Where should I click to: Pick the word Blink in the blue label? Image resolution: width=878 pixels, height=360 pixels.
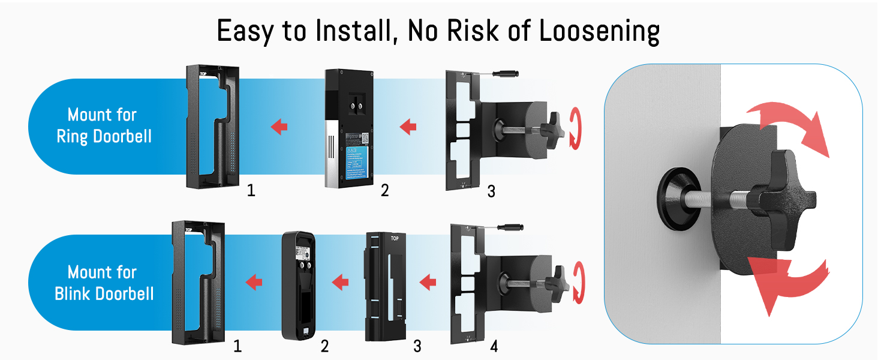click(74, 293)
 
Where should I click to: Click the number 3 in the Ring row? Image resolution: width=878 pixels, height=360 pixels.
click(491, 191)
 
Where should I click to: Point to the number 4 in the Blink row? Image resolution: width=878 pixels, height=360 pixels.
click(493, 346)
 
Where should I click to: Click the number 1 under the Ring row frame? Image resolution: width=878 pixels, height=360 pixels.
click(251, 191)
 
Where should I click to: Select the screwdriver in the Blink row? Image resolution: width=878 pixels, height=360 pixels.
click(506, 229)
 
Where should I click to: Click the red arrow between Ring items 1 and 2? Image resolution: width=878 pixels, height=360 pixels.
click(278, 127)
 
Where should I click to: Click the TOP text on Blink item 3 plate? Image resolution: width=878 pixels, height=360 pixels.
click(394, 238)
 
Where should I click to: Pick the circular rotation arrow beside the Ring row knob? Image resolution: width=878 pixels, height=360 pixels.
click(575, 127)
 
